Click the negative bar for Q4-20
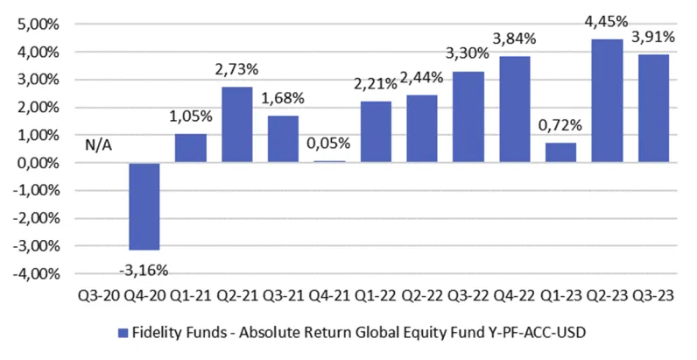coord(144,207)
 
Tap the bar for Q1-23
coord(561,152)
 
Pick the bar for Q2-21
coord(237,124)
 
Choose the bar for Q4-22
coord(515,109)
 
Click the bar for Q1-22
coord(377,132)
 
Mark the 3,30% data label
coord(469,54)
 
